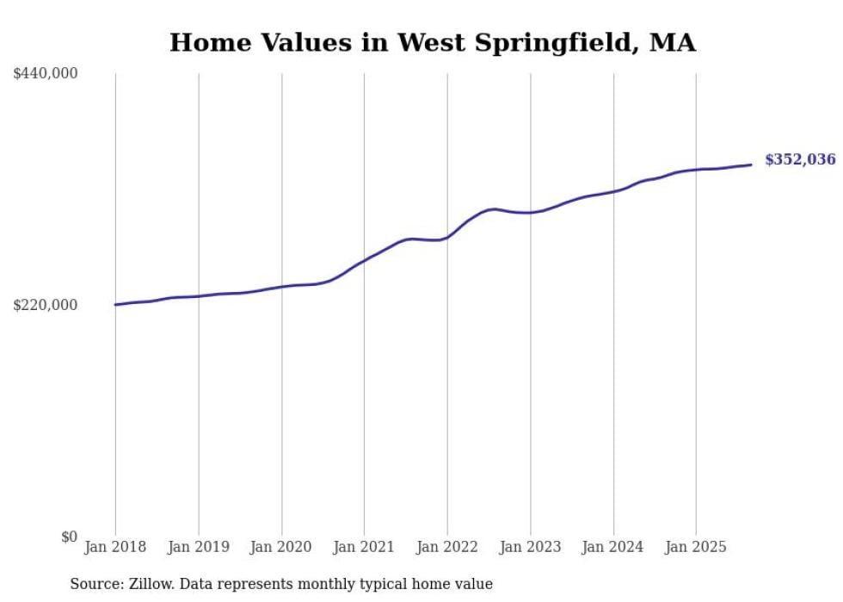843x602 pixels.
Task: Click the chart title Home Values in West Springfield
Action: click(x=432, y=43)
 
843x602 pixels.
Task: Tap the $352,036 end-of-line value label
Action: click(x=799, y=159)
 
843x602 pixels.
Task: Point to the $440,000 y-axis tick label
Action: click(x=46, y=74)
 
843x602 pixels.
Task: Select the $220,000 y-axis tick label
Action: click(x=46, y=305)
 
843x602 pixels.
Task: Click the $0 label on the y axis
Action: click(x=69, y=537)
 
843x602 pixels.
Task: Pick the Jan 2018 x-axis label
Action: click(x=115, y=547)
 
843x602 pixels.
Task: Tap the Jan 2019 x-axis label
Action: click(x=199, y=547)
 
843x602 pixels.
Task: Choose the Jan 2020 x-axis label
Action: click(x=281, y=547)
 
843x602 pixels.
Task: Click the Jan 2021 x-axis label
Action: click(x=364, y=547)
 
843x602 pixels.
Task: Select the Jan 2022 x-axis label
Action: click(x=447, y=547)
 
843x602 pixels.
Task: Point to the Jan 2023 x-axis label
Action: click(x=530, y=547)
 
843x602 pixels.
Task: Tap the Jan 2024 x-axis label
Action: click(x=613, y=547)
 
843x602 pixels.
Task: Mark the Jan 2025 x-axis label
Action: click(x=696, y=547)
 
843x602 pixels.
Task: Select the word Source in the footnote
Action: click(x=94, y=584)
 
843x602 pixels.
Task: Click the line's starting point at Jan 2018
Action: click(x=116, y=305)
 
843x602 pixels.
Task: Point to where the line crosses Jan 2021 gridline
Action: click(x=364, y=259)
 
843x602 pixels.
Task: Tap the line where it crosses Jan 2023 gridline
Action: click(x=530, y=212)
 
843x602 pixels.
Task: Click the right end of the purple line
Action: click(x=751, y=164)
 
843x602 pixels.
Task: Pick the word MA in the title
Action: click(x=672, y=43)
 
